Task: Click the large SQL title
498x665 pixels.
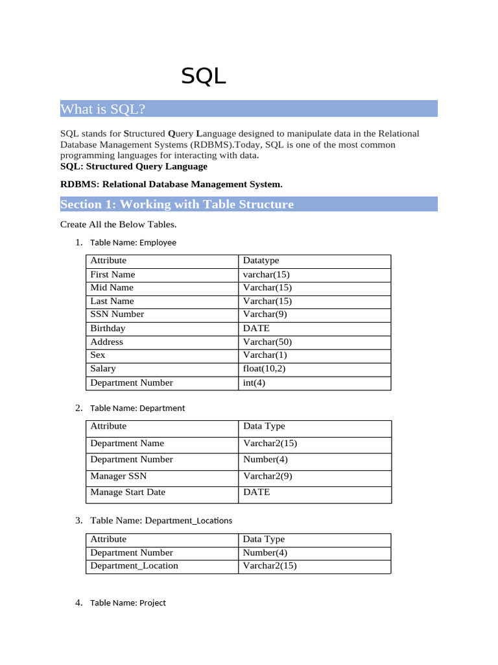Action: point(204,77)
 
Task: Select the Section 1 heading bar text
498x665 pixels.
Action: point(177,205)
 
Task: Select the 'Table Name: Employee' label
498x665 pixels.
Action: point(133,243)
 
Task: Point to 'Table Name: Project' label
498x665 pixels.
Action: point(128,603)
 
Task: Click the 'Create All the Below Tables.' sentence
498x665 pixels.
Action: point(119,225)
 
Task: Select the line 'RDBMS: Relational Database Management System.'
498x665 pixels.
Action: point(171,184)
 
